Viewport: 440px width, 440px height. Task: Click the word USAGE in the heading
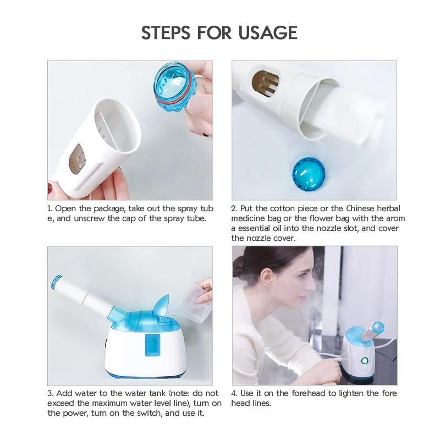(268, 32)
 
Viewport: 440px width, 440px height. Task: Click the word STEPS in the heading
(166, 32)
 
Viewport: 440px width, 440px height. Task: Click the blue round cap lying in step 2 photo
(309, 173)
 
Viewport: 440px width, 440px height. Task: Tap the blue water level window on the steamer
(152, 345)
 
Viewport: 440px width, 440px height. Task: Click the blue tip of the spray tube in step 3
(57, 283)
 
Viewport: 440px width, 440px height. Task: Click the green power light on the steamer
(364, 360)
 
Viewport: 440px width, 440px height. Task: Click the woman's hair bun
(239, 267)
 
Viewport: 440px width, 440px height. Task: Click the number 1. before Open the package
(50, 208)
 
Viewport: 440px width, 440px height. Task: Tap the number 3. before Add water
(51, 393)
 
